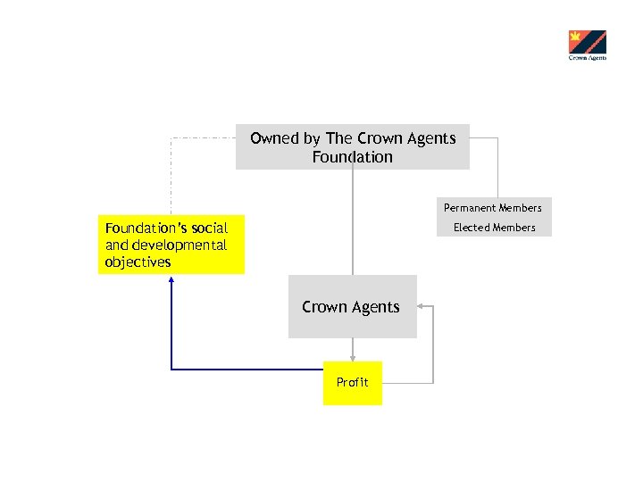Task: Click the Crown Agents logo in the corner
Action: point(587,45)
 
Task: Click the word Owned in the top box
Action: point(274,138)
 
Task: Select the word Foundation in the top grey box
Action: point(352,157)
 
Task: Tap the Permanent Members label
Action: point(493,208)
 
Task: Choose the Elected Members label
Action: point(494,228)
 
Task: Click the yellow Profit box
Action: point(352,383)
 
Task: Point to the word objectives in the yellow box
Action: point(138,262)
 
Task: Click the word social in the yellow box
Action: point(209,229)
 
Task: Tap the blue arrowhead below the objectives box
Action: point(171,279)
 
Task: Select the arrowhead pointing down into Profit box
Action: point(353,356)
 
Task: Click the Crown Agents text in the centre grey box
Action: point(351,307)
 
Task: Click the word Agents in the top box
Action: point(428,138)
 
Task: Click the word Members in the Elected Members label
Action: point(514,228)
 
